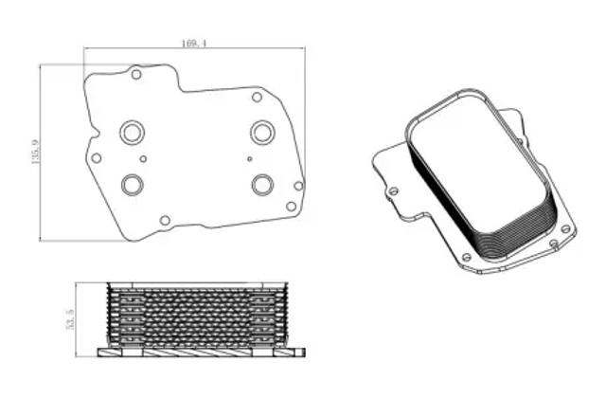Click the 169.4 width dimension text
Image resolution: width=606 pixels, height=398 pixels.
(x=194, y=44)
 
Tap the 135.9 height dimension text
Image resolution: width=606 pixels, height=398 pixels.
(x=36, y=152)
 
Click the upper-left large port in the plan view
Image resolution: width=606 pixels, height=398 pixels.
(x=133, y=133)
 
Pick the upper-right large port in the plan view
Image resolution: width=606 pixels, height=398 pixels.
(x=263, y=133)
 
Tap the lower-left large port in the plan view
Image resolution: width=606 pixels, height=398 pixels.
(x=133, y=185)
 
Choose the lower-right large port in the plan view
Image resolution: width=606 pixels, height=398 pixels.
(x=263, y=185)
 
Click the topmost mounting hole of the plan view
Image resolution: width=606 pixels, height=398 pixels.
(x=136, y=74)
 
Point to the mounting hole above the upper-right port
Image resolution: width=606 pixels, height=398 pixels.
(x=257, y=97)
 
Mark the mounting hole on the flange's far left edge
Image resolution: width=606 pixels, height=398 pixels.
(x=97, y=158)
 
